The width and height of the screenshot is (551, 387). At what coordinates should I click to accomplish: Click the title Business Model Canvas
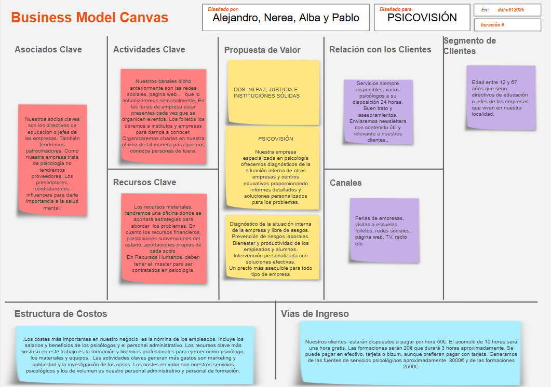pos(89,18)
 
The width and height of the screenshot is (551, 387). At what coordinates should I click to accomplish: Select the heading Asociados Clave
pos(48,50)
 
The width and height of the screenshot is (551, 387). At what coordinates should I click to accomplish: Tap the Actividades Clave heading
pos(149,50)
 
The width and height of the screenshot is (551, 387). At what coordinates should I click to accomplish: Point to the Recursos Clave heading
pos(144,183)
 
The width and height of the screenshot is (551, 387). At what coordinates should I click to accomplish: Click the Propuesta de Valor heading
pos(262,50)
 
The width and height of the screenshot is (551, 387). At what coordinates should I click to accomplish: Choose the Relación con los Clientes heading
pos(380,50)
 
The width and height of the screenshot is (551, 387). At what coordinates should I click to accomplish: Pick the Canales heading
pos(345,183)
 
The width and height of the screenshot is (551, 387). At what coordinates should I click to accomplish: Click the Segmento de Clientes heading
pos(469,46)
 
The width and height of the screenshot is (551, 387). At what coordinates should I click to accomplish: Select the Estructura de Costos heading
pos(61,314)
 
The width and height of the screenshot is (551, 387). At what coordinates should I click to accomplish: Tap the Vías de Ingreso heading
pos(315,314)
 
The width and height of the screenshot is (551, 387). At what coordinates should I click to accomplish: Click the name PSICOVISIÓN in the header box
pos(422,18)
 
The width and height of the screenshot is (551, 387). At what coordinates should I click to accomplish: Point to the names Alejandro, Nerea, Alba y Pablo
pos(286,18)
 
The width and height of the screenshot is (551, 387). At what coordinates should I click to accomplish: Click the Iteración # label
pos(492,25)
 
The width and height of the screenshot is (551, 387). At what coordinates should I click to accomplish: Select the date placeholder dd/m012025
pos(510,10)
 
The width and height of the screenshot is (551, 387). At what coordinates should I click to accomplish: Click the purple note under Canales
pos(384,230)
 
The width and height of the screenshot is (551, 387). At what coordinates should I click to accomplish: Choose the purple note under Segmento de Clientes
pos(500,98)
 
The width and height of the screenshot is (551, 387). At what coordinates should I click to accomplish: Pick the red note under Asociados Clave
pos(52,160)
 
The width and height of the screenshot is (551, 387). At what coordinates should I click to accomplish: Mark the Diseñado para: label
pos(396,9)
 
